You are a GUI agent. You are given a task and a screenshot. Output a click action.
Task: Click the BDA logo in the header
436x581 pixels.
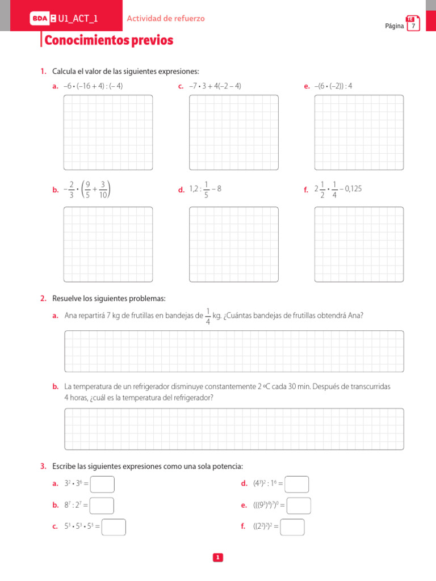[x=40, y=19]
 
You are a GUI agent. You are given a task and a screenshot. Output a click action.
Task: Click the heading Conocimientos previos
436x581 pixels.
[x=108, y=41]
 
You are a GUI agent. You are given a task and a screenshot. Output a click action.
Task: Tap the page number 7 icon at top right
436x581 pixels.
[x=413, y=24]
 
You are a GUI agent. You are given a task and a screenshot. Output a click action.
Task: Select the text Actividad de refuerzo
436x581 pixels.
[x=166, y=19]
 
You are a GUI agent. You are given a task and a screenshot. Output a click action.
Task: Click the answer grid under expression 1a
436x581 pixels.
[x=108, y=132]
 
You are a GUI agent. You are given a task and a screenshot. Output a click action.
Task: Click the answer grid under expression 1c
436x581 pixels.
[x=234, y=132]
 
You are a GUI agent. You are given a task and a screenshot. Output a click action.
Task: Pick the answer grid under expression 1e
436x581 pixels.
[x=359, y=132]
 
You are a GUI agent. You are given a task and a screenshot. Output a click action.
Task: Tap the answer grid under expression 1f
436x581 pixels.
[x=359, y=244]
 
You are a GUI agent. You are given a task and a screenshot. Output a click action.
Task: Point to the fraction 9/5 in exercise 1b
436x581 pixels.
[x=87, y=190]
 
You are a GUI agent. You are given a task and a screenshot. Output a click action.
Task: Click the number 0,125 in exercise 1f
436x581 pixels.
[x=353, y=189]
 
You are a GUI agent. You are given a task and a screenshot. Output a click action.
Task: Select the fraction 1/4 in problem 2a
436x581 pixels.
[x=208, y=317]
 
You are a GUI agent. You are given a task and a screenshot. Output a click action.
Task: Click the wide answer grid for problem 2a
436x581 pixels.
[x=234, y=351]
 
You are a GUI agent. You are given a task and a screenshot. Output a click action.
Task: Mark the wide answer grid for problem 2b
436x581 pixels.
[x=234, y=429]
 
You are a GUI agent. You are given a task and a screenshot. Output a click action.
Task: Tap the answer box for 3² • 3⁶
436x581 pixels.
[x=102, y=484]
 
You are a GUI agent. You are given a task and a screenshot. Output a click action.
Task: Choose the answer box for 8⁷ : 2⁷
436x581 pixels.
[x=102, y=506]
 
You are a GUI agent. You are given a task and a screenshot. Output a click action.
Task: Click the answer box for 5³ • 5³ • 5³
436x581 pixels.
[x=114, y=527]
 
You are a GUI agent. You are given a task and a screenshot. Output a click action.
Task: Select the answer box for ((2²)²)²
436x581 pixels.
[x=292, y=527]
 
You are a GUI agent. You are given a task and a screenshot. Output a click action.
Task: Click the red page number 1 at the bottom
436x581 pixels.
[x=217, y=558]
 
